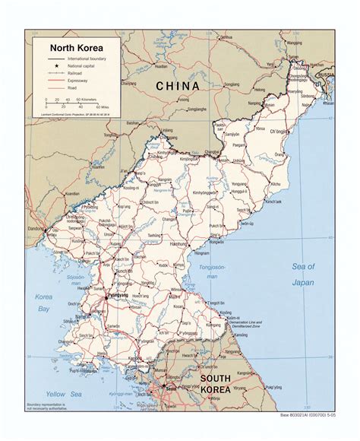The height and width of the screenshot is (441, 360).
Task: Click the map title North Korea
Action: tap(72, 46)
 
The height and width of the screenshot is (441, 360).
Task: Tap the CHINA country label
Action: tap(178, 86)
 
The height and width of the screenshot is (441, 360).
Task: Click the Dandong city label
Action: tap(34, 227)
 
